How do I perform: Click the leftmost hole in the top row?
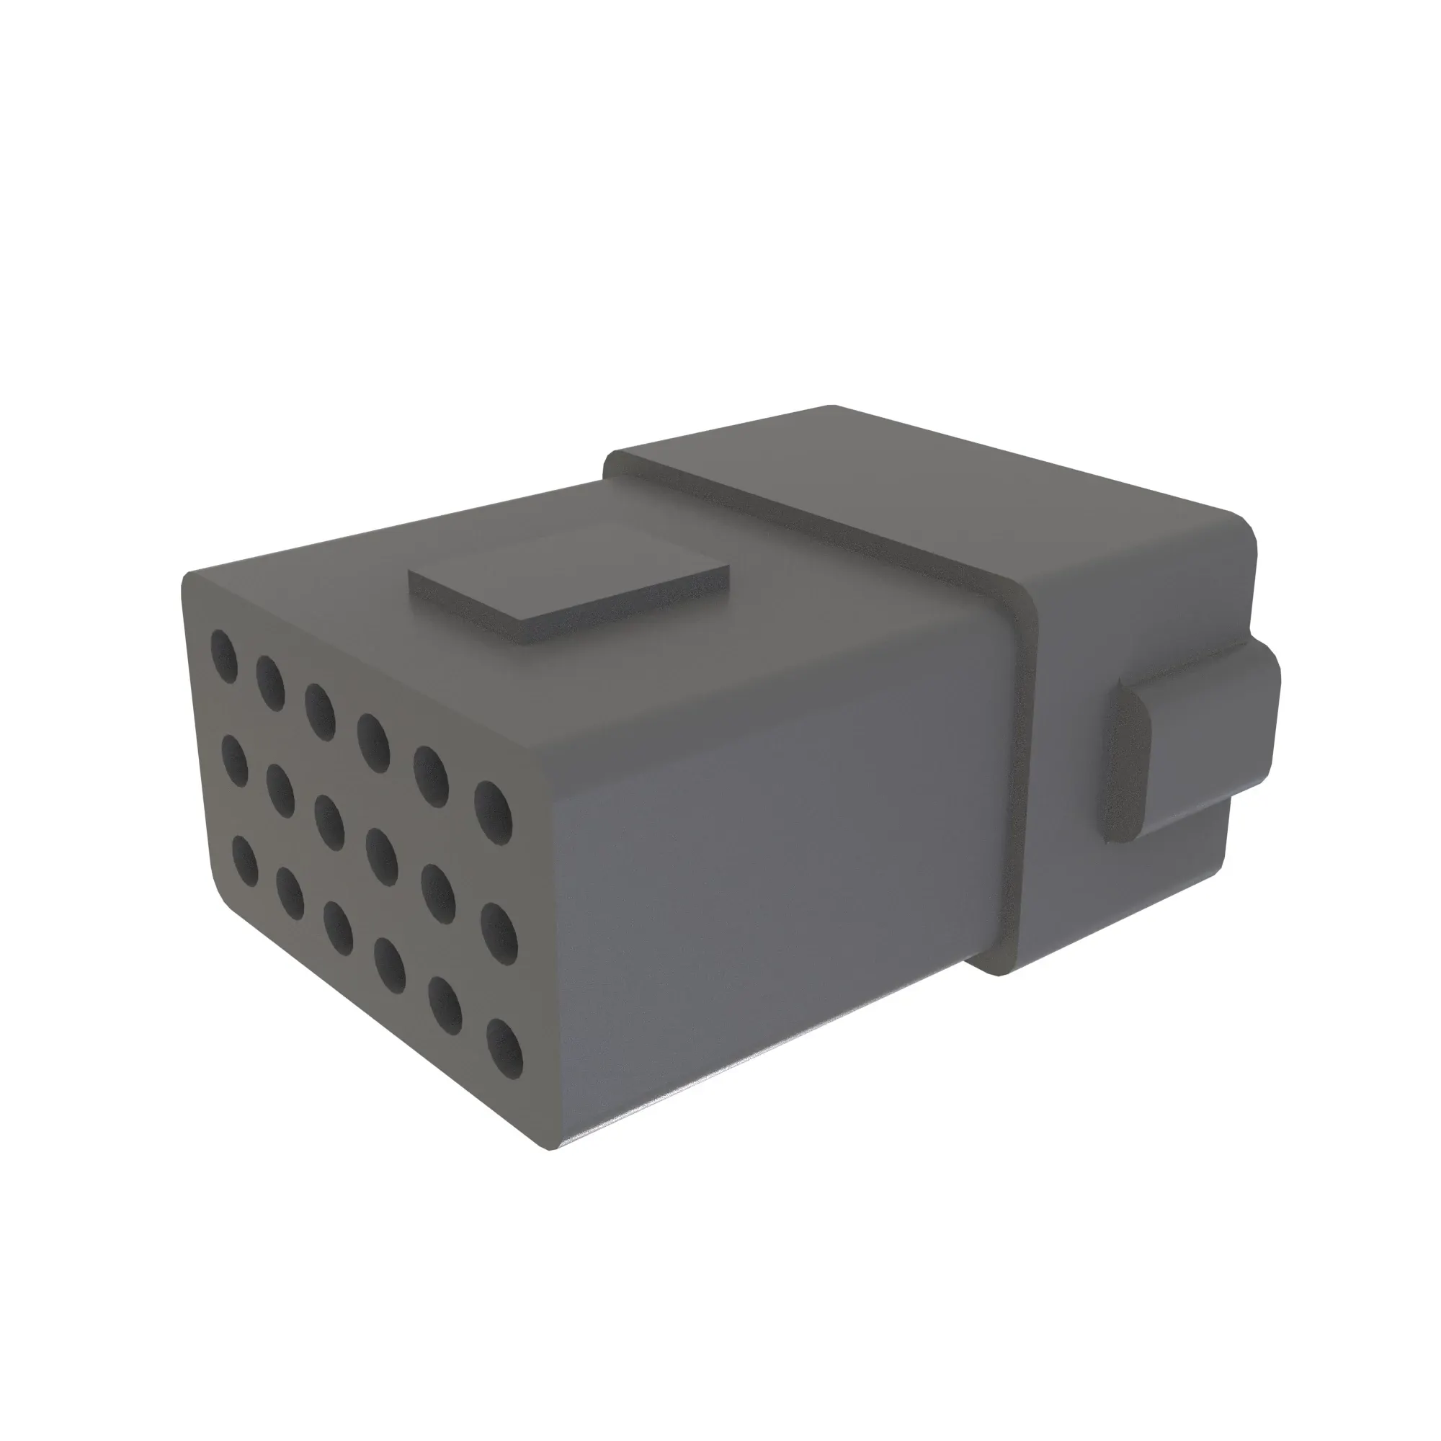[224, 656]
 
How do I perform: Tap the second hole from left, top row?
[270, 682]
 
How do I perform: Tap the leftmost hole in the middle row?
[235, 760]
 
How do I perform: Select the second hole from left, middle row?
[280, 790]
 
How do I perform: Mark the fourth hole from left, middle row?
[381, 855]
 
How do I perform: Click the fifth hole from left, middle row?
[438, 892]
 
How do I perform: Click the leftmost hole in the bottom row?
[246, 861]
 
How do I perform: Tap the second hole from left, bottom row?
[290, 893]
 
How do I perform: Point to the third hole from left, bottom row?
[338, 928]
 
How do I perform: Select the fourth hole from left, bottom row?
[389, 965]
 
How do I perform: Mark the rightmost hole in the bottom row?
[504, 1048]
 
